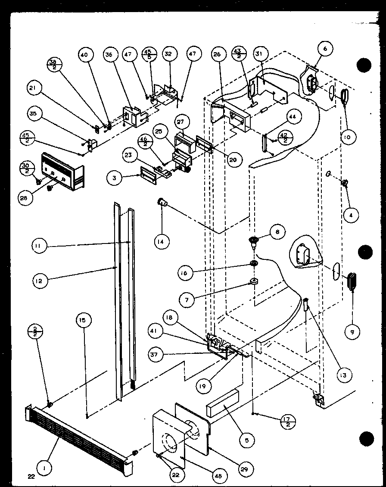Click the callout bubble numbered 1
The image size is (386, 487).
[x=43, y=466]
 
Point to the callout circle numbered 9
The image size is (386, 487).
[x=353, y=331]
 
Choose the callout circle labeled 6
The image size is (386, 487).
[x=324, y=49]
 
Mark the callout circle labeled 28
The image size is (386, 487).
[x=27, y=198]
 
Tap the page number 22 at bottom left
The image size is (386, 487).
[x=31, y=476]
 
